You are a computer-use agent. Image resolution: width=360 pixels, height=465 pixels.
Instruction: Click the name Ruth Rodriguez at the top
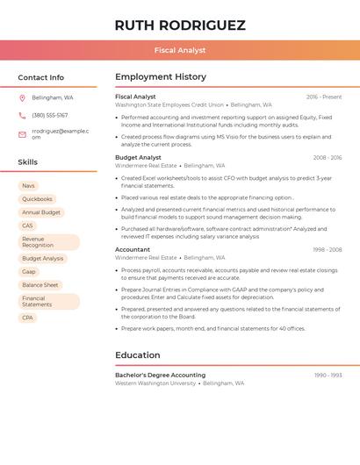[180, 25]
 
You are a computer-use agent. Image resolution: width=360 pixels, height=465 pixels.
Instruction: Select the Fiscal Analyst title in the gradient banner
[180, 51]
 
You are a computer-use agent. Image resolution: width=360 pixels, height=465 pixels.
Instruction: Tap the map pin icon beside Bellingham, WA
[22, 98]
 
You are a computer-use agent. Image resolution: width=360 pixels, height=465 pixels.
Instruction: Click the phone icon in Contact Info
[22, 115]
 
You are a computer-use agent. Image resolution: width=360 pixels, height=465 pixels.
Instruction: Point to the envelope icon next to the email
[22, 134]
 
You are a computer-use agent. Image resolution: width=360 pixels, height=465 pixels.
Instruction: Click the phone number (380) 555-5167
[50, 115]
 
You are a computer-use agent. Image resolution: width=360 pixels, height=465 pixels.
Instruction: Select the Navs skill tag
[28, 186]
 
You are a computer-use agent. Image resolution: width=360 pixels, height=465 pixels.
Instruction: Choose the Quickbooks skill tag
[37, 199]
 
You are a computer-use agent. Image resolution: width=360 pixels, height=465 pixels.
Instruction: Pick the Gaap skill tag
[29, 272]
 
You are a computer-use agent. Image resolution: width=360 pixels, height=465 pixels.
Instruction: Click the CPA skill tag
[28, 318]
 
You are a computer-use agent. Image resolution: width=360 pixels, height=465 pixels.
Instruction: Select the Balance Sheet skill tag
[40, 285]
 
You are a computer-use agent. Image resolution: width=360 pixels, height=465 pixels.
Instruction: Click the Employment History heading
[161, 77]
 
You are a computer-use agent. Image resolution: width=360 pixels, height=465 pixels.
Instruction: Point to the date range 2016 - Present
[324, 97]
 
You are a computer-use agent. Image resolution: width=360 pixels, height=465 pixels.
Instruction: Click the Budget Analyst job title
[138, 158]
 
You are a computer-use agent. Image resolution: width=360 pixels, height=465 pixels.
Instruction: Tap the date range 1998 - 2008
[327, 250]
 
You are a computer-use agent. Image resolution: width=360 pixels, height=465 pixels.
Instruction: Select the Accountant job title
[133, 250]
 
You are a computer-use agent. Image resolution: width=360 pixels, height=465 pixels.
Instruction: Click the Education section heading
[138, 355]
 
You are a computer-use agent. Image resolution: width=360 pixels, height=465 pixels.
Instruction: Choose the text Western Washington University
[155, 383]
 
